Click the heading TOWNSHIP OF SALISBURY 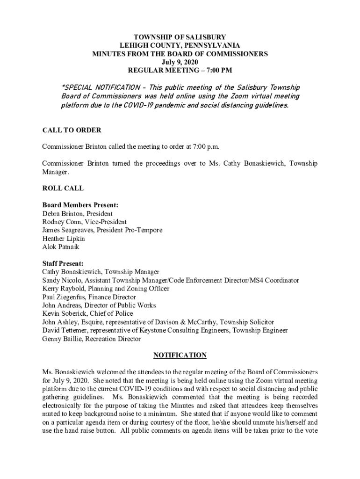click(x=180, y=37)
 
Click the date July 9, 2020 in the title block click(x=180, y=62)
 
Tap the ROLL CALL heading click(x=63, y=189)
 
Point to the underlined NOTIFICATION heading click(x=180, y=356)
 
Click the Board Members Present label click(x=80, y=205)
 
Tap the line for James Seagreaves click(x=102, y=230)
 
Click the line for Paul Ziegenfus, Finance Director click(x=89, y=297)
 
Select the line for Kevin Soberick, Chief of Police click(x=87, y=313)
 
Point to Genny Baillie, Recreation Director click(x=91, y=339)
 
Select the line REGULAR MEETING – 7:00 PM click(x=180, y=71)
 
